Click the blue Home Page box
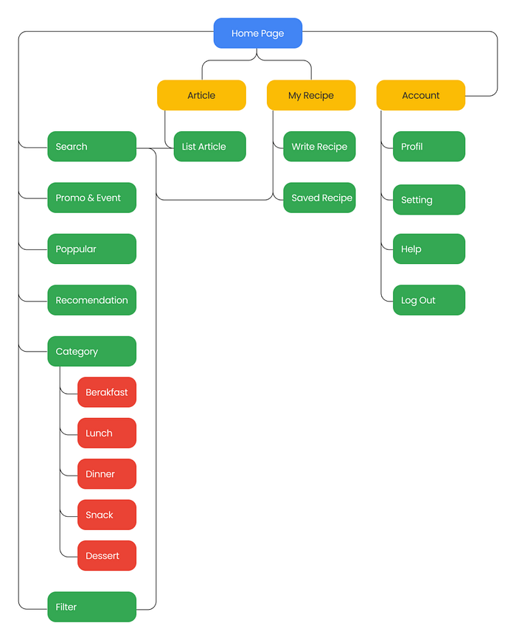[258, 33]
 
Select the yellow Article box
[201, 95]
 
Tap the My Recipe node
[311, 95]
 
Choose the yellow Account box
[421, 95]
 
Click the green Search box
[92, 147]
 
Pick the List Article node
[209, 147]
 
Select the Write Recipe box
[319, 147]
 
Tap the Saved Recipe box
[319, 198]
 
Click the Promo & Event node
[92, 198]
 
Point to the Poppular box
[92, 249]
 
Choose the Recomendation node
[92, 300]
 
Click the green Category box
[92, 352]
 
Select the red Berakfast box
[107, 392]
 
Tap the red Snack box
[107, 515]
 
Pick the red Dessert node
[107, 555]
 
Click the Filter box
[92, 607]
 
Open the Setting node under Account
[429, 200]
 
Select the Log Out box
[429, 300]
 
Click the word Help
[411, 249]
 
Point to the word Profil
[411, 147]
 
